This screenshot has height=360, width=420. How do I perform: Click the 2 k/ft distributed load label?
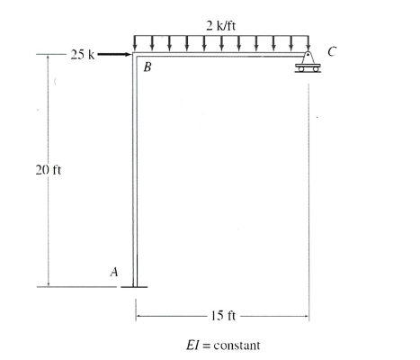click(221, 23)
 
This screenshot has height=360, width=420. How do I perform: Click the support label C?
click(333, 52)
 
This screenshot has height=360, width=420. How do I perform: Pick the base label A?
click(114, 269)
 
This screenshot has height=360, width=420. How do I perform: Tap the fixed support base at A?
click(136, 286)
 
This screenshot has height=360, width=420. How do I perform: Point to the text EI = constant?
click(221, 344)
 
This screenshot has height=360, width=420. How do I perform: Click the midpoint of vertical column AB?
click(136, 171)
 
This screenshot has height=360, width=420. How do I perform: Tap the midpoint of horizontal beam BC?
click(221, 58)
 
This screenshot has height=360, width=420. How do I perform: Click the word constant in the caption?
click(237, 344)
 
